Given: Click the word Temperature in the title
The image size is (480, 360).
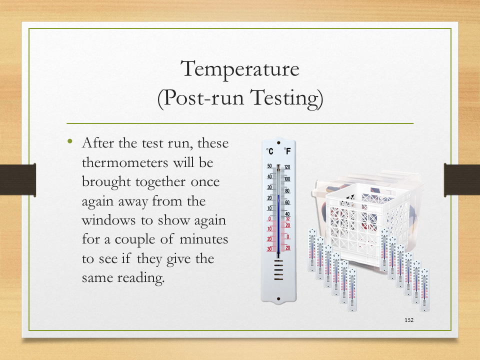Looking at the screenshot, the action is click(x=239, y=69).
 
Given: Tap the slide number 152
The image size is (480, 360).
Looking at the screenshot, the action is click(x=409, y=320).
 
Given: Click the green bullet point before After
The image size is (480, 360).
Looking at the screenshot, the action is click(x=70, y=141).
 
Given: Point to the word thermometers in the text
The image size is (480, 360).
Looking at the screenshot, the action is click(x=125, y=162).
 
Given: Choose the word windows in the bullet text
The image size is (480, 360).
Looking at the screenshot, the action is click(x=108, y=220).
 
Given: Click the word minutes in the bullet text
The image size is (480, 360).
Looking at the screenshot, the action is click(x=203, y=239).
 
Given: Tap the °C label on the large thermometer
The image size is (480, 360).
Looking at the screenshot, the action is click(x=269, y=151).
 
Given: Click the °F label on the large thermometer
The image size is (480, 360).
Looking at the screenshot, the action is click(x=287, y=151).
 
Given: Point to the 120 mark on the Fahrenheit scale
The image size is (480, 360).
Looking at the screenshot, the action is click(x=287, y=167).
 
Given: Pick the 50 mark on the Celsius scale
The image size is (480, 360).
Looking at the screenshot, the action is click(x=269, y=166).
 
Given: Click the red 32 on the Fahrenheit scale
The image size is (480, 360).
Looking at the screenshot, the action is click(x=288, y=219).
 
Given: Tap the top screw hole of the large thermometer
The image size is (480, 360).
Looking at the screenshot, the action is click(x=278, y=142).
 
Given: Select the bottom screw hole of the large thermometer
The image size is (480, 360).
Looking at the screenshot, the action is click(x=278, y=299).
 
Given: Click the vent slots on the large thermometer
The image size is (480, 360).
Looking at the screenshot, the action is click(x=278, y=269).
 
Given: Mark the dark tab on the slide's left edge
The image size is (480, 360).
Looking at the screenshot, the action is click(x=18, y=179).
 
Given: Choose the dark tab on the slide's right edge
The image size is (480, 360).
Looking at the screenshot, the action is click(x=462, y=179).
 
